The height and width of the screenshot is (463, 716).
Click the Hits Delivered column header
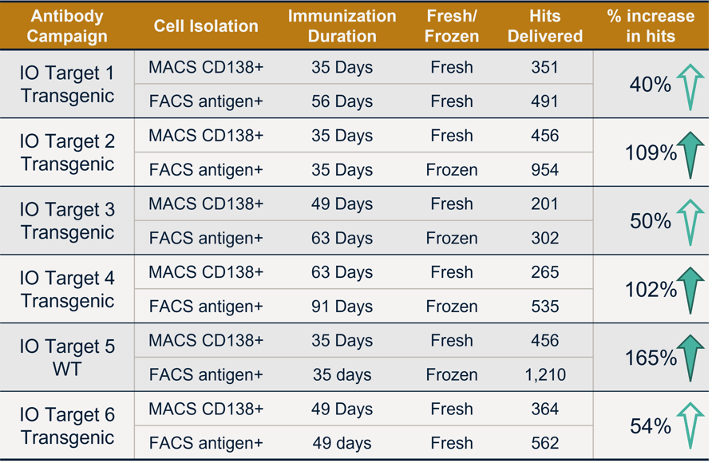544,26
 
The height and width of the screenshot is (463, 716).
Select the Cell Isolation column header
206,26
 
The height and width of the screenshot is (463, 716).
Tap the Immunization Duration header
342,26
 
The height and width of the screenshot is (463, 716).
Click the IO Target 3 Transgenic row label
67,221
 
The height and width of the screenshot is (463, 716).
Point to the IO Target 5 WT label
67,358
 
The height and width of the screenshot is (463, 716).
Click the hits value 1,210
544,374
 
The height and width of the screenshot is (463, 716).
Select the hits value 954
544,170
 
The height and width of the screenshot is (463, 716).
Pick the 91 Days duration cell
342,307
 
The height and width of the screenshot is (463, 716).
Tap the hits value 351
544,67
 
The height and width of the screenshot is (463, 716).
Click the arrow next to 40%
690,86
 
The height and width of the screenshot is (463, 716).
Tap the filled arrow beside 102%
690,291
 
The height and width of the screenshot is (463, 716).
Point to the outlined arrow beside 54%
690,426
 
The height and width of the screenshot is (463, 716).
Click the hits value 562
544,443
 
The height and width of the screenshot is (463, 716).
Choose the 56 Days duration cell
342,101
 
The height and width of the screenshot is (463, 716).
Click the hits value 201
544,204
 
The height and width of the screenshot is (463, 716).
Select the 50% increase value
651,221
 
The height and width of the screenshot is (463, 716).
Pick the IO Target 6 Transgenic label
67,426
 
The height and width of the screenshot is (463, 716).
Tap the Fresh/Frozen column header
452,26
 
